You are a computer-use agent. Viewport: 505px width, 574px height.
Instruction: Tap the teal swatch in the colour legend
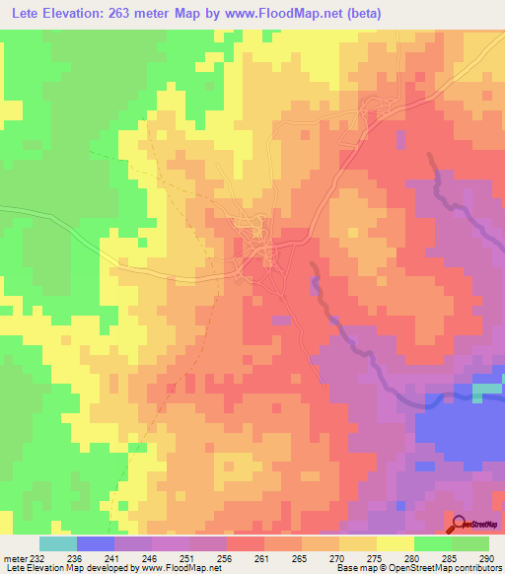pos(57,543)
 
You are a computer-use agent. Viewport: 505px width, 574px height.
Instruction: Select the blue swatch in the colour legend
pos(95,543)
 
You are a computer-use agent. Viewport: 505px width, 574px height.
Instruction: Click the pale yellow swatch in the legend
pos(395,543)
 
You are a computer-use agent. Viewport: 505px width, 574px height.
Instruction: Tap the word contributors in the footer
pos(476,568)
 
